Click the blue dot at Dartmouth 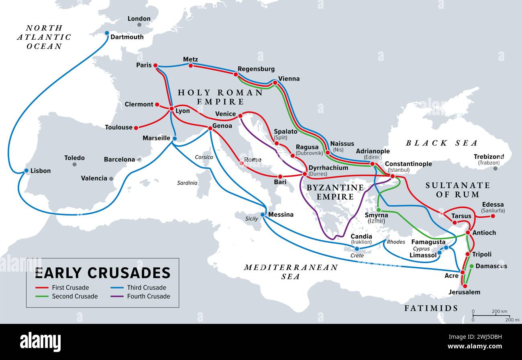pos(107,33)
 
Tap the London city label pos(139,18)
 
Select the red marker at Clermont pos(157,104)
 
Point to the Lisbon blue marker pos(27,171)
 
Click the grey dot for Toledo pos(75,164)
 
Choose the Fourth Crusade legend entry pos(148,296)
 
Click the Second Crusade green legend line pos(42,296)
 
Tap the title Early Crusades pos(102,273)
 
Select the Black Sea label pos(442,143)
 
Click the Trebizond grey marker pos(495,169)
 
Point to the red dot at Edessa pos(493,216)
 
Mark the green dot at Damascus pos(471,266)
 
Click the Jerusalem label pos(464,292)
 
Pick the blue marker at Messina pos(263,215)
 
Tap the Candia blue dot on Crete pos(357,249)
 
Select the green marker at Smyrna pos(379,210)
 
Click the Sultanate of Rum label pos(458,190)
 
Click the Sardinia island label pos(187,183)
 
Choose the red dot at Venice pos(240,116)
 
